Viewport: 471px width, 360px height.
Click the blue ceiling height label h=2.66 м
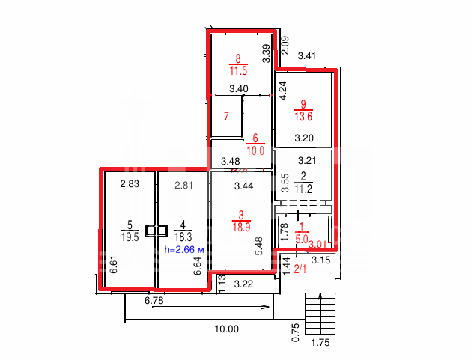(184, 249)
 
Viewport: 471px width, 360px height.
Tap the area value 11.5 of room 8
(238, 71)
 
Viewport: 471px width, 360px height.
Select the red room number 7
(226, 116)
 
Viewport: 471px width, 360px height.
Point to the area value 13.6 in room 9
(303, 116)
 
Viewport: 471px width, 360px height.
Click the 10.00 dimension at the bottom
(226, 329)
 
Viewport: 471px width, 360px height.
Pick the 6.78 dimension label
(154, 300)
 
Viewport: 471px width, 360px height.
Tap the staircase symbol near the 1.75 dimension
(320, 314)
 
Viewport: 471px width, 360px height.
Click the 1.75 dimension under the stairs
(320, 342)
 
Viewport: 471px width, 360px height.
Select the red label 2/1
(300, 269)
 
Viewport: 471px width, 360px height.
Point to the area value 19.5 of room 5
(130, 237)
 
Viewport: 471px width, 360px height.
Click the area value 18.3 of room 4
(183, 237)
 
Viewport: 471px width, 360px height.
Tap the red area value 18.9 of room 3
(241, 227)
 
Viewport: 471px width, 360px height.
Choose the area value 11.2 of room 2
(303, 189)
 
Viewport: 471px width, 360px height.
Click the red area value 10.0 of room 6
(255, 150)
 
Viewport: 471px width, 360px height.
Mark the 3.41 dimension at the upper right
(306, 56)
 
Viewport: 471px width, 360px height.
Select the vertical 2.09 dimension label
(285, 46)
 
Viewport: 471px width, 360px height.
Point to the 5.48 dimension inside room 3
(258, 246)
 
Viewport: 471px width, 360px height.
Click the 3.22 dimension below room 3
(243, 284)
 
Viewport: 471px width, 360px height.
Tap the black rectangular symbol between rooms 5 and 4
(157, 231)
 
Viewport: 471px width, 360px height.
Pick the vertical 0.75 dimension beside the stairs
(296, 332)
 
